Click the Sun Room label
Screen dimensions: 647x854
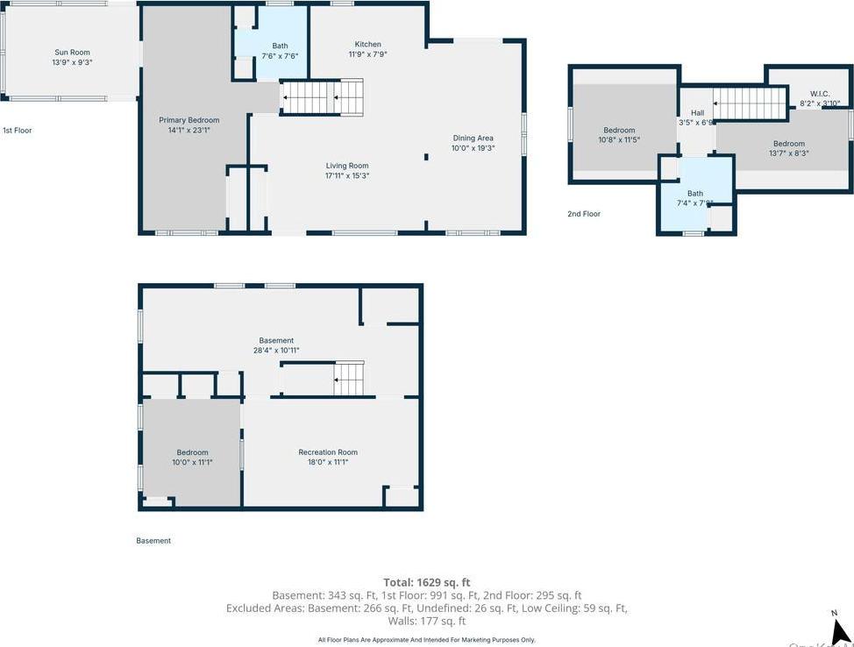72,53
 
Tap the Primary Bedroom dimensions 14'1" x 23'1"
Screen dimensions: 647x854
189,130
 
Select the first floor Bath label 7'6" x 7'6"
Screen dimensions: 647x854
280,51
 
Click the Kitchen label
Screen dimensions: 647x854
367,44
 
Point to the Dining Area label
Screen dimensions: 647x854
473,138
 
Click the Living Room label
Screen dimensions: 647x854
347,165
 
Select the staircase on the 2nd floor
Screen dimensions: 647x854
750,103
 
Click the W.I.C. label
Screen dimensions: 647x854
820,93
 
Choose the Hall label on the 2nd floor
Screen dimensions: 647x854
697,113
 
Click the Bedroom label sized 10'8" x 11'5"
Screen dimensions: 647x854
619,131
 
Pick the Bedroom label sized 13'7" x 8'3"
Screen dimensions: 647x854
788,144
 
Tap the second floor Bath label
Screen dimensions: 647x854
695,194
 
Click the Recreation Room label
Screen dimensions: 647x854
328,452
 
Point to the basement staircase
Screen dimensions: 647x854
348,379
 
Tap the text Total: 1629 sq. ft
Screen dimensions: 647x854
427,582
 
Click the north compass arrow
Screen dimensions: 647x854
840,629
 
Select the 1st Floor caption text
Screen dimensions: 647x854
18,130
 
